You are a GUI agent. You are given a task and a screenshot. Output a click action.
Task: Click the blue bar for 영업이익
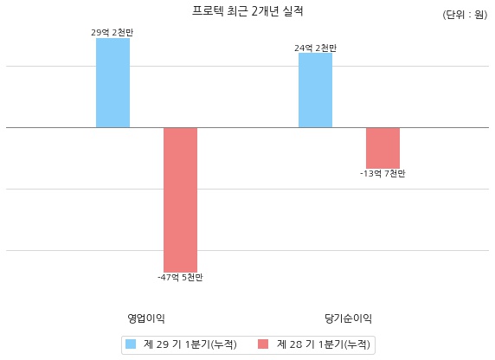point(112,83)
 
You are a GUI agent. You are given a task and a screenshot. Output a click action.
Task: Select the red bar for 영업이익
point(180,200)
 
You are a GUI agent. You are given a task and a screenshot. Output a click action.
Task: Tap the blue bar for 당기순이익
point(315,90)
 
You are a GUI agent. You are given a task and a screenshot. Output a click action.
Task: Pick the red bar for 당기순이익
point(382,148)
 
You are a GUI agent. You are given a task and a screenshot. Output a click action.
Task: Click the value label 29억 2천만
point(112,33)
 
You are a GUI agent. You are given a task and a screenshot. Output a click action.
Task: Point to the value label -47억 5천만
point(180,278)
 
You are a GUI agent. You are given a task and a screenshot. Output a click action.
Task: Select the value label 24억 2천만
point(315,48)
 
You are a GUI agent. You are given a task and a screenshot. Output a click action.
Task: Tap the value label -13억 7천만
point(382,174)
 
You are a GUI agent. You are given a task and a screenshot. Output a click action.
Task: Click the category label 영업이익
point(146,318)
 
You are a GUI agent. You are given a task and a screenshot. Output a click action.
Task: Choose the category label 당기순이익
point(348,318)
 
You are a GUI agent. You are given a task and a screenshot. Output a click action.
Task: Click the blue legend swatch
point(131,344)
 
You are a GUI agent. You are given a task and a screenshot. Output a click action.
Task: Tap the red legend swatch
point(263,344)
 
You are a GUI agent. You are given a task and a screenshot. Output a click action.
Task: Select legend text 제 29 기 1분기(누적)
point(190,344)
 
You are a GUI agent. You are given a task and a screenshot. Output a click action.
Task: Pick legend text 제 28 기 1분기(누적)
point(324,344)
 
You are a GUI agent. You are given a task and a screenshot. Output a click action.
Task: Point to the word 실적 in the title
point(293,11)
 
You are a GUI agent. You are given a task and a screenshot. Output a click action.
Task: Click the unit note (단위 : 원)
point(465,15)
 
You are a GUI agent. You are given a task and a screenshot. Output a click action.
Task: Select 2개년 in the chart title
point(265,11)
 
